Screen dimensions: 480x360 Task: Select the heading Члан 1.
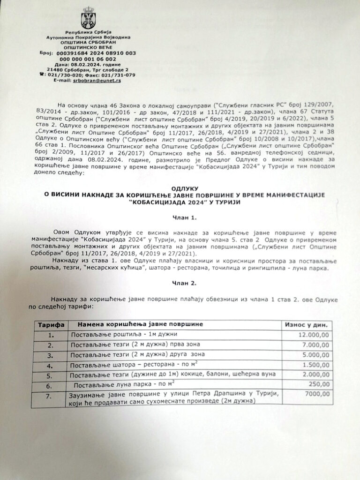coord(180,218)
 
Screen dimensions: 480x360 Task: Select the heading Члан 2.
coord(180,283)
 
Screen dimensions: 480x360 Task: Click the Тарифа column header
coord(51,324)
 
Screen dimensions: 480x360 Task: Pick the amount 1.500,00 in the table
coord(315,364)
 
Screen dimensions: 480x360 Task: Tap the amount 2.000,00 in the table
coord(315,375)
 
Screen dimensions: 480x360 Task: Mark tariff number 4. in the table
coord(51,365)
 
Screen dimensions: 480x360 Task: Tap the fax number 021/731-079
coord(120,75)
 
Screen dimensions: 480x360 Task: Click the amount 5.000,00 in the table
coord(315,354)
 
